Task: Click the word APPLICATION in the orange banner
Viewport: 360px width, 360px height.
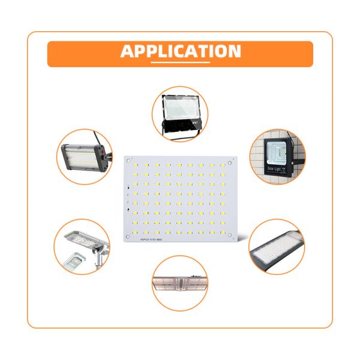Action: pyautogui.click(x=181, y=51)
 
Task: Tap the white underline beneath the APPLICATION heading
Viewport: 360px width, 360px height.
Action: pyautogui.click(x=181, y=62)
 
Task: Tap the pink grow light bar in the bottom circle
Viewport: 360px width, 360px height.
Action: pyautogui.click(x=180, y=283)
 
